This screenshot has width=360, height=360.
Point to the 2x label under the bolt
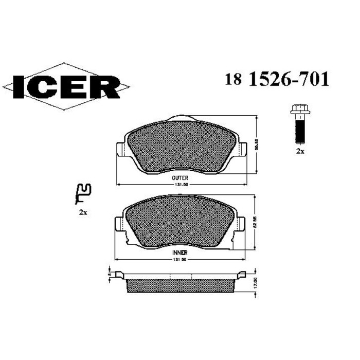[299, 152]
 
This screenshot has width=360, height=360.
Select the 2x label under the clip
[82, 212]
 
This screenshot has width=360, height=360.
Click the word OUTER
[179, 176]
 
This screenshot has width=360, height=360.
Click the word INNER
[179, 254]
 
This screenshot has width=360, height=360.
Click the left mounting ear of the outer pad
[122, 149]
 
